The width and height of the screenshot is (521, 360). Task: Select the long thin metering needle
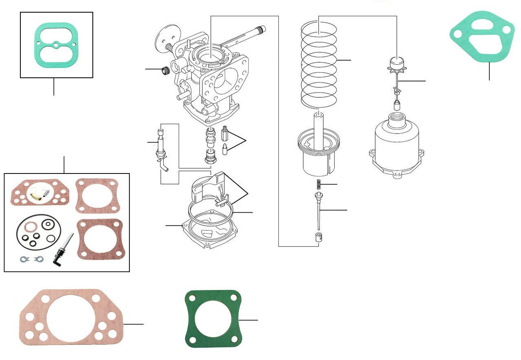tap(320, 214)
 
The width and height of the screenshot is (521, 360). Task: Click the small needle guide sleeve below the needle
tap(319, 237)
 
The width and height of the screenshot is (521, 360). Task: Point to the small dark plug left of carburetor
tap(165, 71)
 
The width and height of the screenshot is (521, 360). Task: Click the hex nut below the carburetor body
tap(210, 156)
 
